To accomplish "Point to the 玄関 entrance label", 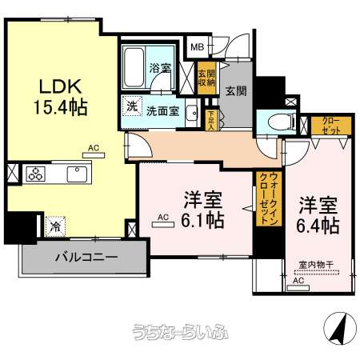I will [235, 90].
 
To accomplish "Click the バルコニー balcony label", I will [86, 258].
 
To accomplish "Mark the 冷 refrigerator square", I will [55, 226].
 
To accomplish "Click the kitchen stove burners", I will [36, 174].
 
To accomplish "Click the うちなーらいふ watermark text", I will [179, 334].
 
